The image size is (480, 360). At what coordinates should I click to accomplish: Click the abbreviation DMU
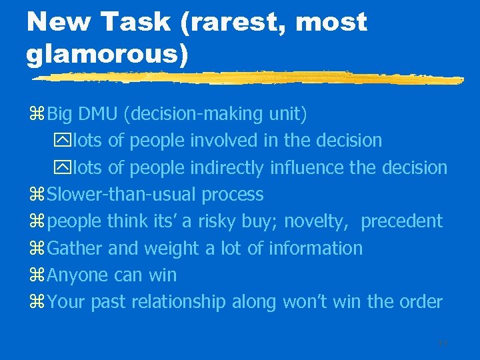(x=97, y=114)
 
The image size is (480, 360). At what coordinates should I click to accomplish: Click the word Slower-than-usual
(x=123, y=195)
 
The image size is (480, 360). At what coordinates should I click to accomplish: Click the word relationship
(x=179, y=302)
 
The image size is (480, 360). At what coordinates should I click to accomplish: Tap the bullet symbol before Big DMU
(x=37, y=115)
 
